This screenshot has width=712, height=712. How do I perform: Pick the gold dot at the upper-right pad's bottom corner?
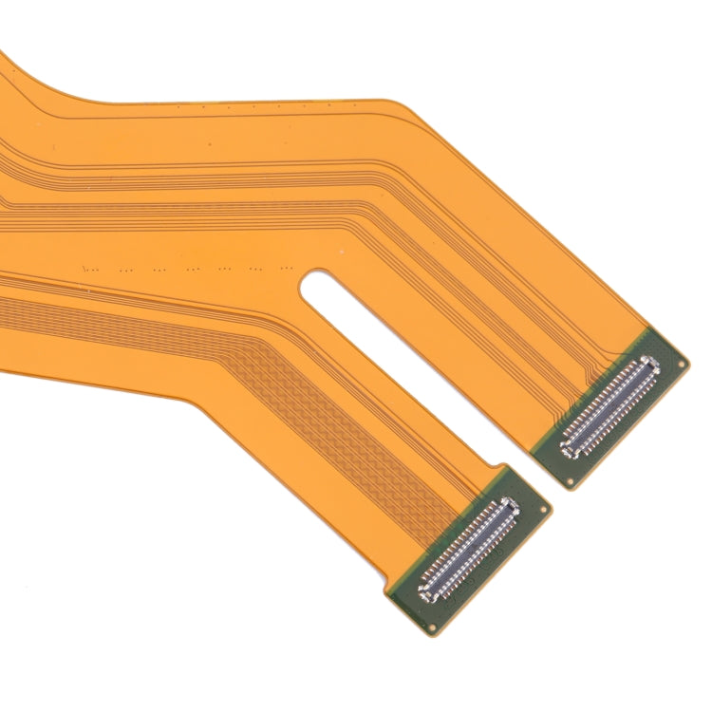(570, 482)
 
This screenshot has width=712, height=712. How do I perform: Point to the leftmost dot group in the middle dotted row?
(90, 268)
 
